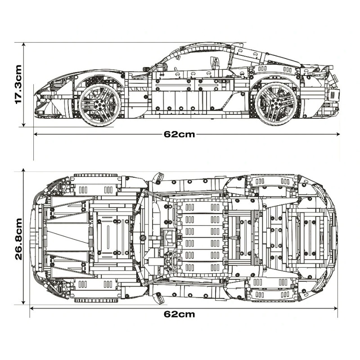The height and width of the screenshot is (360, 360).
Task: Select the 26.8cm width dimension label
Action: coord(18,239)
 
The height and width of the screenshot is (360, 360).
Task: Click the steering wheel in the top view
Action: coord(171,260)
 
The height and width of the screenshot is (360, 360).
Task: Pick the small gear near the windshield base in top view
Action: coord(143,238)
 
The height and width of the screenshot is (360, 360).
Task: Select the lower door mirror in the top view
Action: coord(157,297)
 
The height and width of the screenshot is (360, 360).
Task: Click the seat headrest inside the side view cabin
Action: coord(215,63)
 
